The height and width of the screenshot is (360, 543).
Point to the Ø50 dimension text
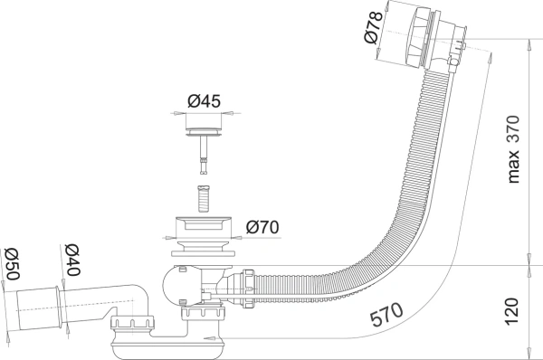coord(12,265)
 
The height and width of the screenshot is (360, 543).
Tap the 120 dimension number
coord(512,311)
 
